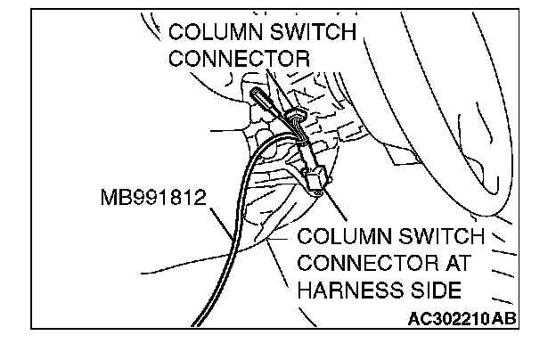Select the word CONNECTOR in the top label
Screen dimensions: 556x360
click(239, 59)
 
